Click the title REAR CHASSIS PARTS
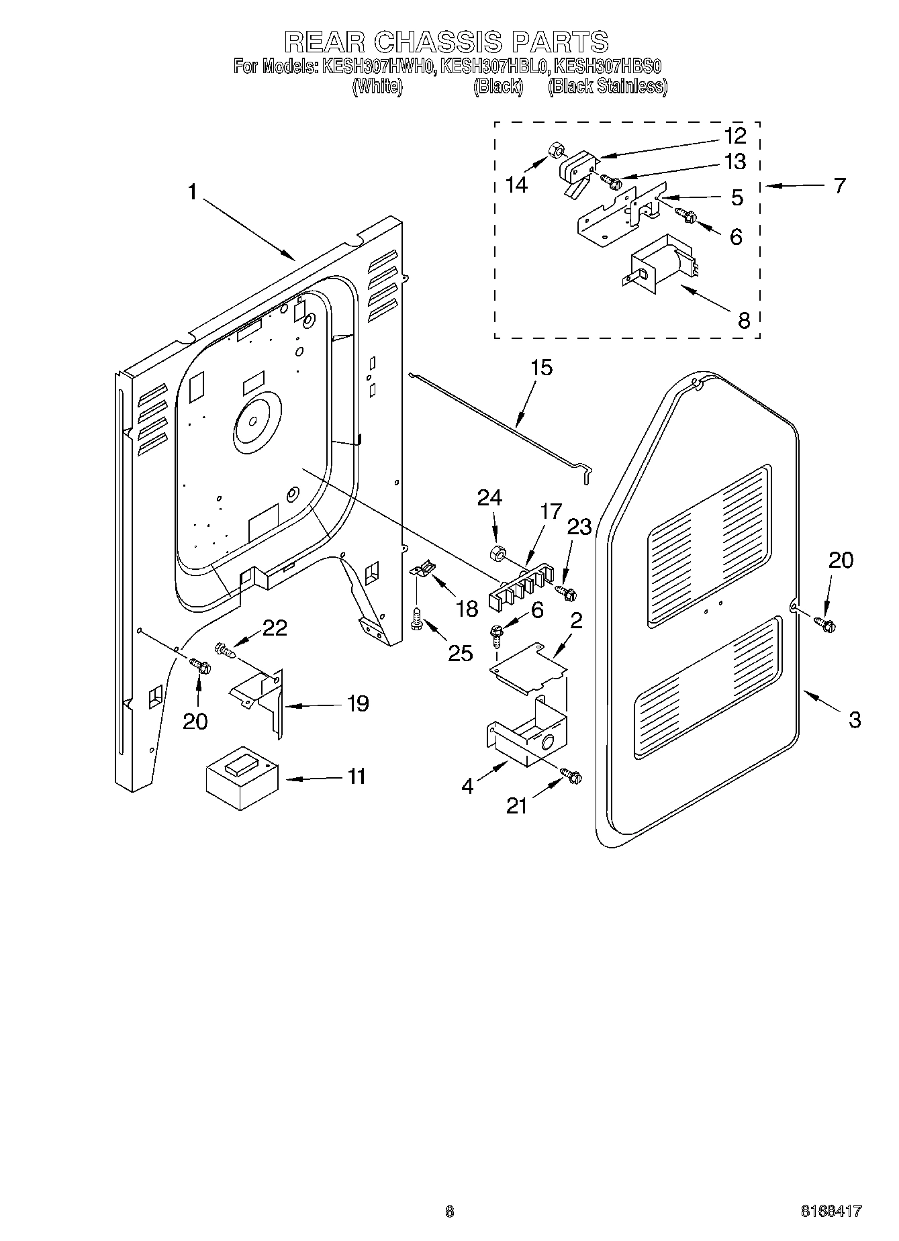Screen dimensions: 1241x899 [446, 42]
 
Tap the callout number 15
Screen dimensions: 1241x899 [541, 368]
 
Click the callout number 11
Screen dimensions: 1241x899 [356, 776]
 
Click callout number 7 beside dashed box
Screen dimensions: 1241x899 [839, 186]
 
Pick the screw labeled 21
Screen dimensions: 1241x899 [573, 776]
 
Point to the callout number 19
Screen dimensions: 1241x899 [357, 703]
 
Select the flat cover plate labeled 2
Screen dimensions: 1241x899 [529, 666]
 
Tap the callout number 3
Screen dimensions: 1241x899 [854, 719]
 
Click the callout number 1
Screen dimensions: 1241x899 [193, 193]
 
